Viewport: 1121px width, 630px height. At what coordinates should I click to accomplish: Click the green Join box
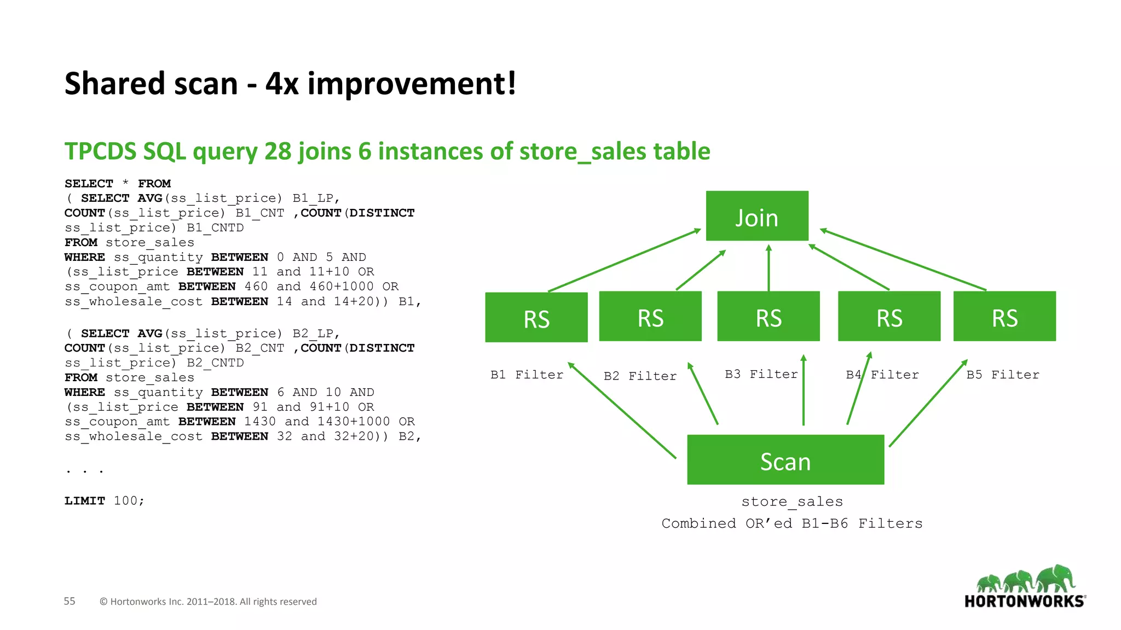[x=757, y=216]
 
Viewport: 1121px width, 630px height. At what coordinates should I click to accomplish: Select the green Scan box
[x=785, y=460]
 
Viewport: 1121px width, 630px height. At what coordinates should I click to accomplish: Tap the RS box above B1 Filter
[x=536, y=318]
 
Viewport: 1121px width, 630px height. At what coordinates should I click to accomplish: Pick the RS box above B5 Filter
[x=1004, y=317]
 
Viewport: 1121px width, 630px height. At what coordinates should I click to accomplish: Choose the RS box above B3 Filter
[x=768, y=317]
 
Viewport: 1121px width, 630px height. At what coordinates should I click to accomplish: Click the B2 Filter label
[x=640, y=376]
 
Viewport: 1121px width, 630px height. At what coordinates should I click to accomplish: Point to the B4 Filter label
[x=882, y=375]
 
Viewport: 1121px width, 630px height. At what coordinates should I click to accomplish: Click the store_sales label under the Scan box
[x=792, y=502]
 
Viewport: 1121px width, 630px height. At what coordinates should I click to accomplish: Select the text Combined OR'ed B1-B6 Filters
[x=792, y=524]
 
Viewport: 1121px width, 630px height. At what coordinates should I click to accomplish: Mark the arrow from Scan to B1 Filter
[x=622, y=410]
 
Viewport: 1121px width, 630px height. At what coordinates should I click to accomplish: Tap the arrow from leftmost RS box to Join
[x=624, y=260]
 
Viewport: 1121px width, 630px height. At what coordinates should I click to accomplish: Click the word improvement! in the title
[x=412, y=84]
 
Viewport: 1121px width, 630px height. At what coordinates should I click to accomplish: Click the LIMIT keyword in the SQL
[x=84, y=501]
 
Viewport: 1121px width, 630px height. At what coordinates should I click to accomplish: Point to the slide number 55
[x=70, y=601]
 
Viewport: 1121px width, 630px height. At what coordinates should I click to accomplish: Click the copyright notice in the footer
[x=208, y=602]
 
